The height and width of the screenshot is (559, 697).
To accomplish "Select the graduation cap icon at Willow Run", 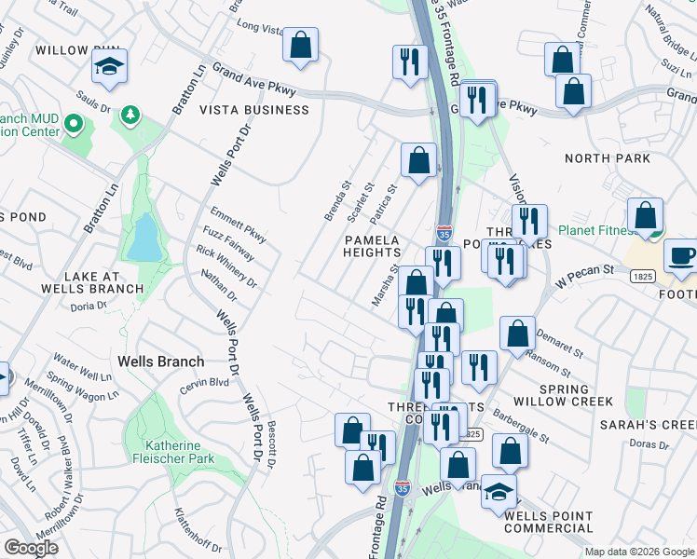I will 109,66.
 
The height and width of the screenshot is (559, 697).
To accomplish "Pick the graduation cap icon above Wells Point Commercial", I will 499,491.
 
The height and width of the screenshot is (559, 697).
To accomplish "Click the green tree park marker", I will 130,115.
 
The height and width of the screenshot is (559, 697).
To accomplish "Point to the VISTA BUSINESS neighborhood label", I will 254,110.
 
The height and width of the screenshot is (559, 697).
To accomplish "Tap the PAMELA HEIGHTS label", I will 372,247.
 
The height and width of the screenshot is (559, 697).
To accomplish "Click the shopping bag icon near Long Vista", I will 300,45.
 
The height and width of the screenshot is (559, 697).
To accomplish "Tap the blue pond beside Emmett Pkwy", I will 144,238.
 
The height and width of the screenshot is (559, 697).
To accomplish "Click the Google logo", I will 31,548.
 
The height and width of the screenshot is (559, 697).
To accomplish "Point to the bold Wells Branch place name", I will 160,361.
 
